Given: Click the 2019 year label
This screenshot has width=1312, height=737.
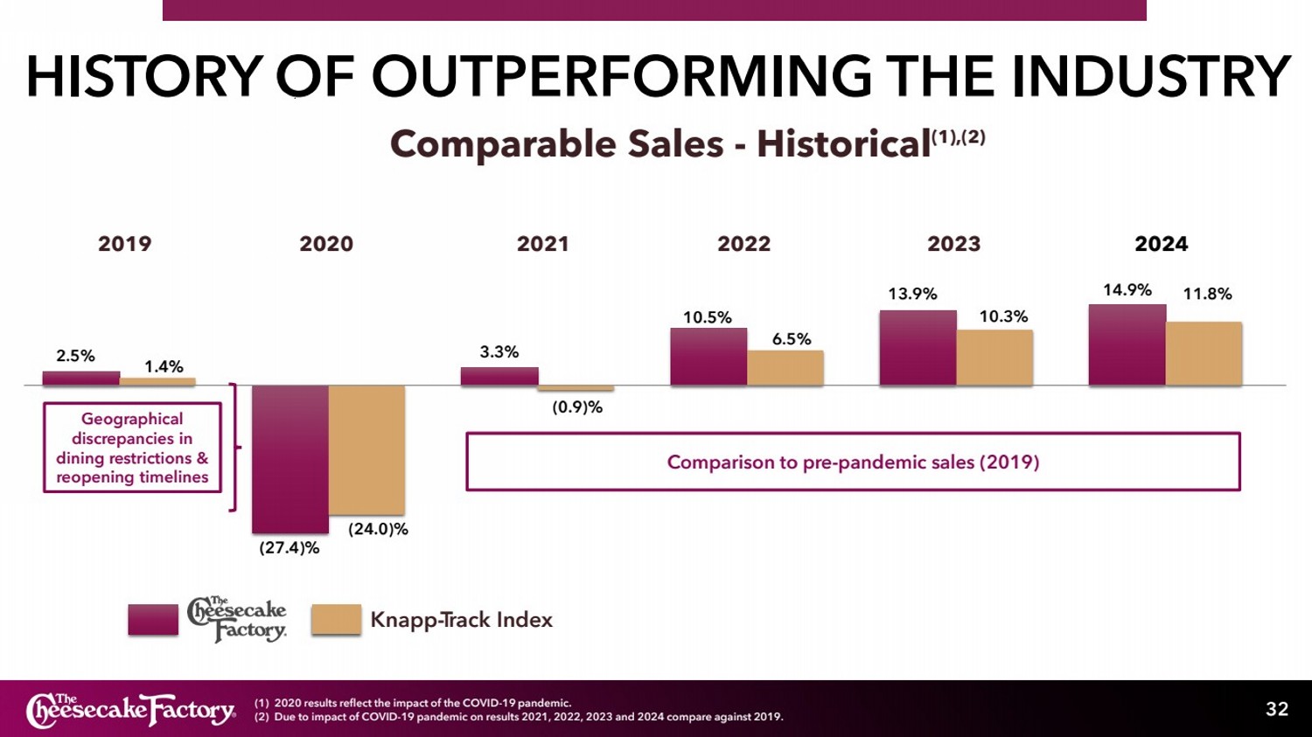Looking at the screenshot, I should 124,244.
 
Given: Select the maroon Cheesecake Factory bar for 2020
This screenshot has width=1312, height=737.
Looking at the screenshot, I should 290,459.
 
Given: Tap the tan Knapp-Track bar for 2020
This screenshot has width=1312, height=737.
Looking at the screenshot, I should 366,449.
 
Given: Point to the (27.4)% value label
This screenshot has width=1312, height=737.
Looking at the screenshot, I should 289,548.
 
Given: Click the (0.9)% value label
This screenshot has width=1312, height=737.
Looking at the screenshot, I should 577,407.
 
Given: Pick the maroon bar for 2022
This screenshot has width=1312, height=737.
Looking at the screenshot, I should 708,357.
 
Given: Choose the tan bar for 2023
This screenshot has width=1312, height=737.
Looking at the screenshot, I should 994,358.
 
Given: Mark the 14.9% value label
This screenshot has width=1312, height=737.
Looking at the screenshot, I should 1127,290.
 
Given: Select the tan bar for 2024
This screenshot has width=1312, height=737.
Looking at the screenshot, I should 1204,353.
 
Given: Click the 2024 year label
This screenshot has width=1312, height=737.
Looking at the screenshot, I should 1161,244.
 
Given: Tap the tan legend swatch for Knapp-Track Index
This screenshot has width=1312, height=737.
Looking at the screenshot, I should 336,619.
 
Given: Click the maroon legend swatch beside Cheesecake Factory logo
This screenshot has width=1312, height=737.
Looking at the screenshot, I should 153,619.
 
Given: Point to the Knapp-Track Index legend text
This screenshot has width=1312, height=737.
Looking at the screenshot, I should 461,620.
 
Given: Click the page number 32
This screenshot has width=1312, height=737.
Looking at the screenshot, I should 1277,709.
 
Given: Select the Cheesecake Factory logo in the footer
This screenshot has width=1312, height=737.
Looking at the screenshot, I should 131,710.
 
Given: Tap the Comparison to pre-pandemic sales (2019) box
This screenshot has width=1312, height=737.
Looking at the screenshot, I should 853,462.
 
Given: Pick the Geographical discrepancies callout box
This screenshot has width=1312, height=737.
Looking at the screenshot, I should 132,448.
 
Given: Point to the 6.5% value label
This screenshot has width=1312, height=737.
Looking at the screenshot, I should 791,339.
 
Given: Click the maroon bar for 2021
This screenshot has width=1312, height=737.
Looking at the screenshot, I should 499,376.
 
